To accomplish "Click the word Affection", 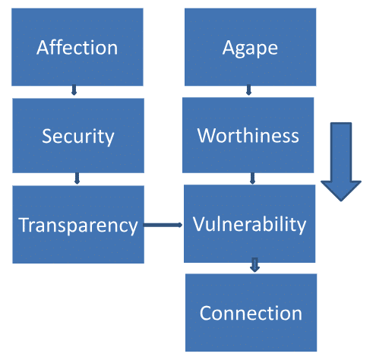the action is [77, 48].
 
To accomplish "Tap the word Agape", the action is [250, 48].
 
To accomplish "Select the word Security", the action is [78, 137].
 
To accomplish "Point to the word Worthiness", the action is [248, 136].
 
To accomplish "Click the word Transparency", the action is [78, 226].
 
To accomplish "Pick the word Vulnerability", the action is [249, 225].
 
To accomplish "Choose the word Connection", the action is [251, 313].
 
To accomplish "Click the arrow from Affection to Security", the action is [74, 90].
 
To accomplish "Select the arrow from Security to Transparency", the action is [77, 178].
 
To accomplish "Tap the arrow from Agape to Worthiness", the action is [248, 90].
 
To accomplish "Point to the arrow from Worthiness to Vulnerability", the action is [252, 178].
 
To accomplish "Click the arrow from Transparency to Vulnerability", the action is [163, 225].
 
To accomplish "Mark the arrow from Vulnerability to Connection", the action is [254, 265].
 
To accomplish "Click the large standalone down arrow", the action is [341, 162].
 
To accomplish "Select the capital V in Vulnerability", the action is [199, 224].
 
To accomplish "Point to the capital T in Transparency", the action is [24, 225].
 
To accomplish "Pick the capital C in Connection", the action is [205, 313].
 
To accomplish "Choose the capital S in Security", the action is [47, 136].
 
